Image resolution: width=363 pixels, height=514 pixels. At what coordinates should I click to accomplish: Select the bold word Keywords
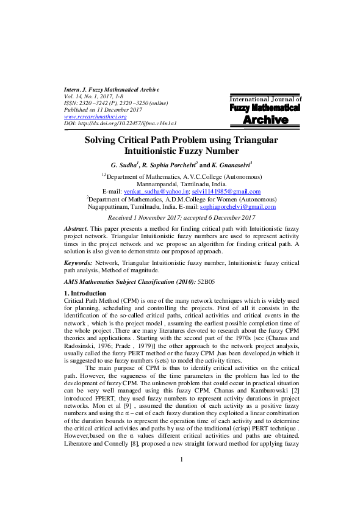point(78,262)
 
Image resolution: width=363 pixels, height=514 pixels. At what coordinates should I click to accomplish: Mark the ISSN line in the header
point(110,103)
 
